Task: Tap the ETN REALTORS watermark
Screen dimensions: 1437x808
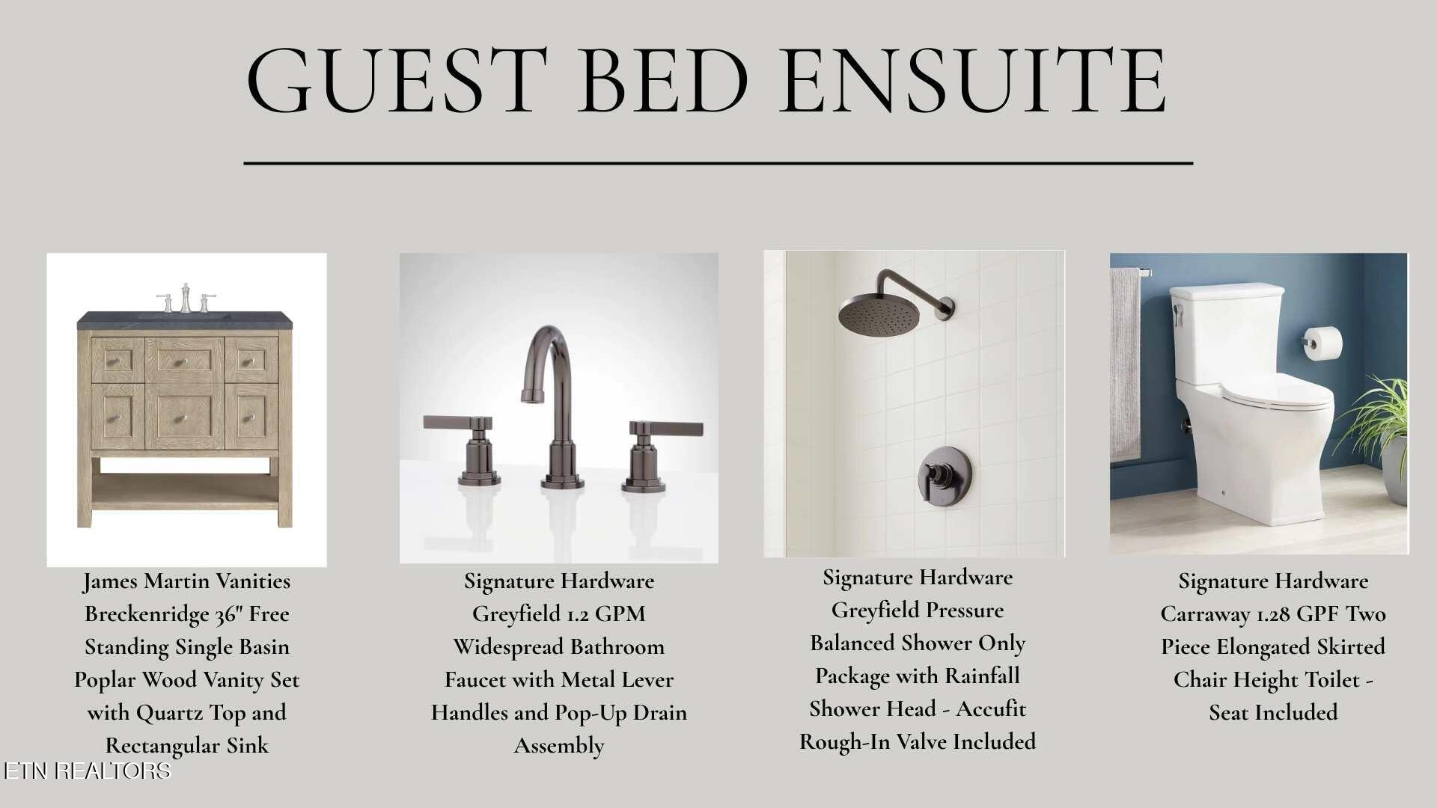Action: pos(87,771)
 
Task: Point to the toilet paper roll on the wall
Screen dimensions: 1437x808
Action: pos(1323,343)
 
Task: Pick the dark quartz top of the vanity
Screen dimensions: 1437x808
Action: pos(185,320)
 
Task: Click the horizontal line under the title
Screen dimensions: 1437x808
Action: pos(718,162)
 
